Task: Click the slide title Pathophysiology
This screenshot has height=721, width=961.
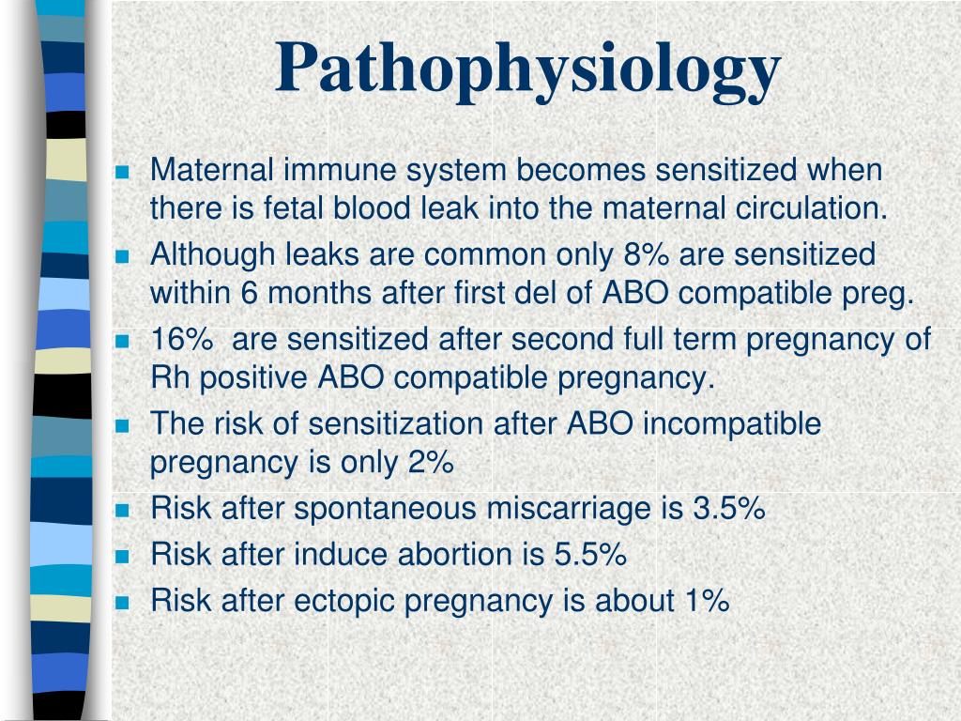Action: [527, 71]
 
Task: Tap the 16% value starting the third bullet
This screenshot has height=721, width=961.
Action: [182, 339]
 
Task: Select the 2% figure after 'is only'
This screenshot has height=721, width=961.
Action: [432, 462]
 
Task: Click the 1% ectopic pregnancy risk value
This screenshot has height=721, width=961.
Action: [708, 600]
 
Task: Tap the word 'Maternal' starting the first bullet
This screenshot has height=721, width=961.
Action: [212, 169]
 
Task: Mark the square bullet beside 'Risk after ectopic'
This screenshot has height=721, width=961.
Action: [123, 602]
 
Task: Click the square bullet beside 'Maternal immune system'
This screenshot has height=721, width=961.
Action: [123, 172]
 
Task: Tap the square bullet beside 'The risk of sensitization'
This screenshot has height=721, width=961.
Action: [123, 425]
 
